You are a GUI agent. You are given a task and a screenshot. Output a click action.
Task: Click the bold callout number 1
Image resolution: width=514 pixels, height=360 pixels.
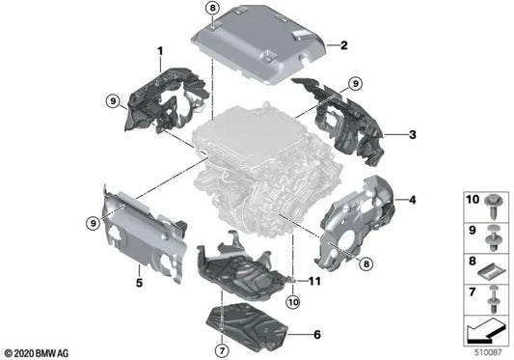coord(161,48)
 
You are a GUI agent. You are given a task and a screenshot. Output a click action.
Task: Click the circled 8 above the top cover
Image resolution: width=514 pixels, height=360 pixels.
coord(213,11)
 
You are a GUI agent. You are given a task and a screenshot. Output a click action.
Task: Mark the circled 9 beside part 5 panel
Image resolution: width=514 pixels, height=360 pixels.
coord(94,223)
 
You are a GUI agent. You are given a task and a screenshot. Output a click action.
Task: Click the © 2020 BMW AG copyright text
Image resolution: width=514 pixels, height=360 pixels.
coord(39,352)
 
